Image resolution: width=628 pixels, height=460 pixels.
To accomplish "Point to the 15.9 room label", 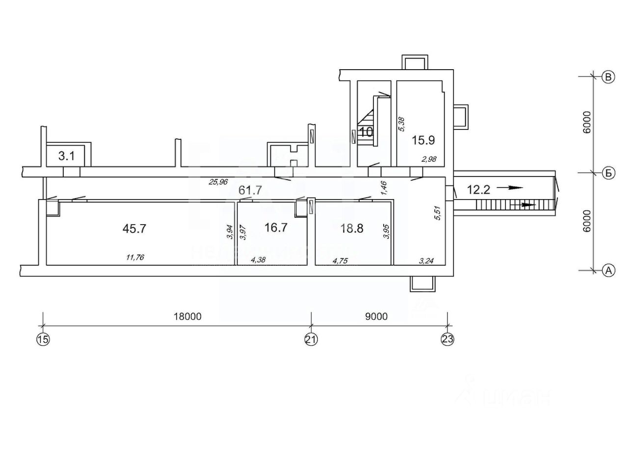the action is coord(423,140).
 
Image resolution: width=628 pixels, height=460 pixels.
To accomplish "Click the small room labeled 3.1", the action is coord(66,157).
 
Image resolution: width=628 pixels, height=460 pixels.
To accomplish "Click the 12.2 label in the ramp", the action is coord(479,190).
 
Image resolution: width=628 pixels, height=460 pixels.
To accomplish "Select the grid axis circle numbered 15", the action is coord(43,339).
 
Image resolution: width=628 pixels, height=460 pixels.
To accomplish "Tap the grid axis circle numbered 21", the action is coord(311,339).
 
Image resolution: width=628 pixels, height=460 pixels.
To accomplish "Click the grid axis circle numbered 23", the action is coord(447,339).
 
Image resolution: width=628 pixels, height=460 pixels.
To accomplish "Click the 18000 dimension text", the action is coord(188,317).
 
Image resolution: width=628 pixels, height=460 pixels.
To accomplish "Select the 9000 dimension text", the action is coord(376,317).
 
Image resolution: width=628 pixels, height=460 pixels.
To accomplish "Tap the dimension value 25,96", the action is coord(218,182).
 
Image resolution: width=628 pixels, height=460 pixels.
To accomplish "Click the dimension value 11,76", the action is coord(134,257).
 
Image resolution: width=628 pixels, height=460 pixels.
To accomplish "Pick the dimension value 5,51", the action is coord(438,214).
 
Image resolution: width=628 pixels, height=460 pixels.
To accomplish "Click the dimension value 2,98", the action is coord(428,159).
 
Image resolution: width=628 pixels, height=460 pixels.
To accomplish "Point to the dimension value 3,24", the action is coord(426,260).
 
